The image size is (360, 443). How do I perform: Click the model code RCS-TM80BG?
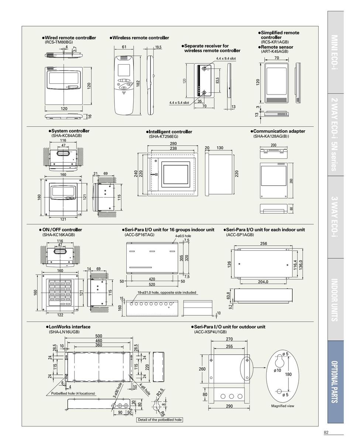(59, 42)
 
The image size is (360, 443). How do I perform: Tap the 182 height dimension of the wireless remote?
(138, 83)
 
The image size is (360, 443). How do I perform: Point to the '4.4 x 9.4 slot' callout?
(226, 58)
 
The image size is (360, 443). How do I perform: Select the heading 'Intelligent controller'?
(169, 132)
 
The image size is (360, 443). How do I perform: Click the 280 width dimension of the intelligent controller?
(173, 144)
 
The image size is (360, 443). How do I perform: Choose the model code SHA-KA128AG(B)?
(271, 136)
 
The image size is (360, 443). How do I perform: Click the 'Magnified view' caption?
(282, 406)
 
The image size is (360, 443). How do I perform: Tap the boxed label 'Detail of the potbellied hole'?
(160, 419)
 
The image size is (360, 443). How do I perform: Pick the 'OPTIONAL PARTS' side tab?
(335, 382)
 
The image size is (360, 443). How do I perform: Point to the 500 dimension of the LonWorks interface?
(99, 336)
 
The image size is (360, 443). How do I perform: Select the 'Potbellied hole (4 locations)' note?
(73, 393)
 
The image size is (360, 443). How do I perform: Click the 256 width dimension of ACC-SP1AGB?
(263, 244)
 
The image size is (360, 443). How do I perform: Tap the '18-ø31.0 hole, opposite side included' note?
(167, 292)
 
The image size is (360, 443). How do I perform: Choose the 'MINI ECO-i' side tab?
(335, 52)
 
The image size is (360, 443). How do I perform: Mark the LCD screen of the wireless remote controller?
(124, 70)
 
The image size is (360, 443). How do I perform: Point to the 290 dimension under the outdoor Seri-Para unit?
(229, 406)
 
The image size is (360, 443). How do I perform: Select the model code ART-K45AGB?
(275, 51)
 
